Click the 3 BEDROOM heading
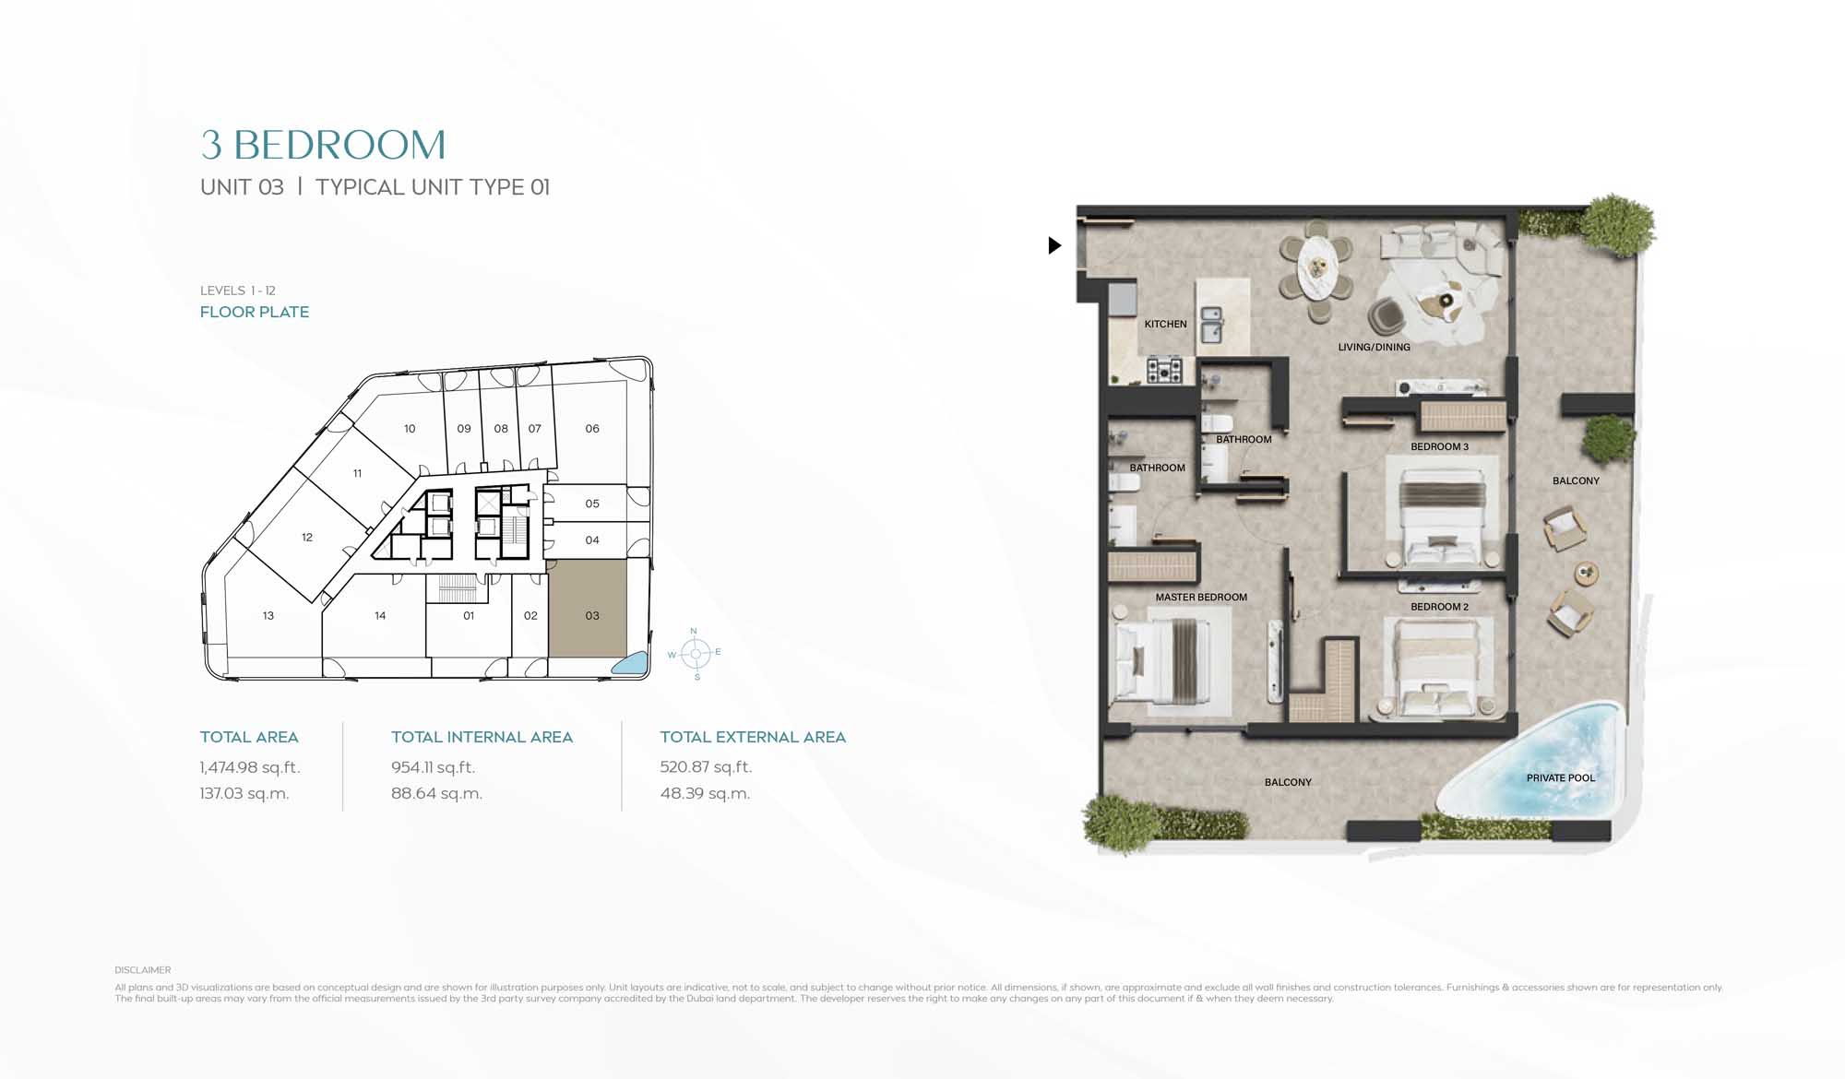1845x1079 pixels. click(323, 145)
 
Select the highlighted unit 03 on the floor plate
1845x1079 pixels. click(588, 609)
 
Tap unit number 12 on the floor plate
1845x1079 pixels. click(307, 537)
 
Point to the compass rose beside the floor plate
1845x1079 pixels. click(696, 654)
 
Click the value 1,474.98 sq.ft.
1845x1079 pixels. click(250, 767)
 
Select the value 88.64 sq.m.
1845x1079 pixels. click(436, 793)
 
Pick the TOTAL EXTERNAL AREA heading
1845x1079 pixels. click(753, 737)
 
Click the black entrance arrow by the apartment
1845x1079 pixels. click(1054, 245)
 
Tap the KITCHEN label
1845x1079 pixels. click(1165, 324)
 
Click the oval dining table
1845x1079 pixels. click(1315, 266)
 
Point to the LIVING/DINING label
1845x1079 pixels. click(1374, 347)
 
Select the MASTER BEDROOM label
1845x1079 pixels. click(1201, 597)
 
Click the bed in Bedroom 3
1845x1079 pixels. click(1439, 516)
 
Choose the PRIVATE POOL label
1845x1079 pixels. click(1560, 777)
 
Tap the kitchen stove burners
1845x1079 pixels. click(1164, 371)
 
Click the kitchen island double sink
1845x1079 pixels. click(1211, 325)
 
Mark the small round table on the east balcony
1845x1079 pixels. click(1586, 574)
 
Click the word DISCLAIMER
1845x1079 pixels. click(143, 970)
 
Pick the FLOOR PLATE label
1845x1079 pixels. click(255, 312)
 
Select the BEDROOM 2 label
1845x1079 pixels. click(1439, 607)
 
